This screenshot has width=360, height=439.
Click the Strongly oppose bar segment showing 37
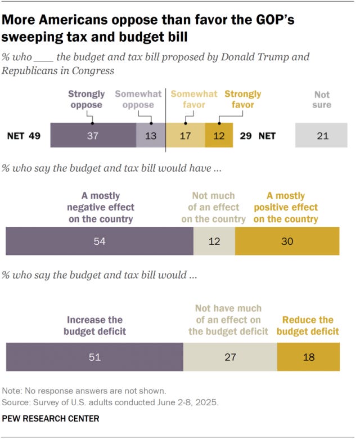[93, 136]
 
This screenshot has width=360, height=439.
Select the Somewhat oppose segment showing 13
[151, 136]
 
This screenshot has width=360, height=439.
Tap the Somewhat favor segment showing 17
[186, 136]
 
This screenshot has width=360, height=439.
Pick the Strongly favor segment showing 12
[219, 136]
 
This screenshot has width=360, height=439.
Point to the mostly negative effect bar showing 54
[99, 241]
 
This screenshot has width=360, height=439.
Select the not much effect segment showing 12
[214, 241]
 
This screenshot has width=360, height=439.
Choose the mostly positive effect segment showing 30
[287, 241]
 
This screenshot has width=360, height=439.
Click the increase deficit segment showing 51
[94, 357]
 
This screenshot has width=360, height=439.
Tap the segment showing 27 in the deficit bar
[230, 357]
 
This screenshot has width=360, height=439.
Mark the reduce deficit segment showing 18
[308, 357]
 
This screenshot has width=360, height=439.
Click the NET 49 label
[24, 136]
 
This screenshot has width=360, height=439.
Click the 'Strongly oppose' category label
[85, 99]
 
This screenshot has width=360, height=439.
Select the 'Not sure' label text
[322, 100]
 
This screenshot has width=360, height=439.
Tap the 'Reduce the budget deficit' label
[308, 325]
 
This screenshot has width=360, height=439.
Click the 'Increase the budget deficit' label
[94, 325]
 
